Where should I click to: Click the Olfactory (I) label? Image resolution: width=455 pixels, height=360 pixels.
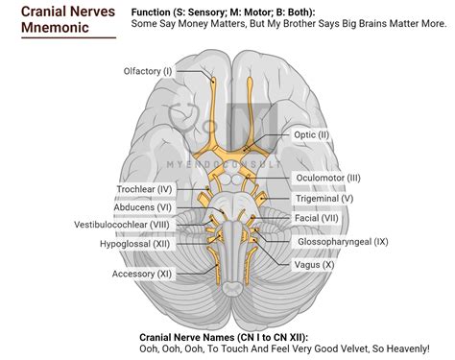[148, 71]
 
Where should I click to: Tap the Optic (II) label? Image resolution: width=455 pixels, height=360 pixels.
[311, 135]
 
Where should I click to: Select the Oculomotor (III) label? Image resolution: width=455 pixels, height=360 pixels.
[327, 178]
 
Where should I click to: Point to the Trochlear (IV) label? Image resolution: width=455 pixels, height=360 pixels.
[144, 190]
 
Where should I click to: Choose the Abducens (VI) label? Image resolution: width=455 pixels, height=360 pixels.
[145, 206]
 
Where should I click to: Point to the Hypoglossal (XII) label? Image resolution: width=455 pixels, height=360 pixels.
[135, 245]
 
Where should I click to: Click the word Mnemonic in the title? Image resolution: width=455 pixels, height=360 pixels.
[58, 27]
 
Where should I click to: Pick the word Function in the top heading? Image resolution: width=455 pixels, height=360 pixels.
[157, 12]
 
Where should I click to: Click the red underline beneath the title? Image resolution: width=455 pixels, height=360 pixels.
[67, 37]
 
